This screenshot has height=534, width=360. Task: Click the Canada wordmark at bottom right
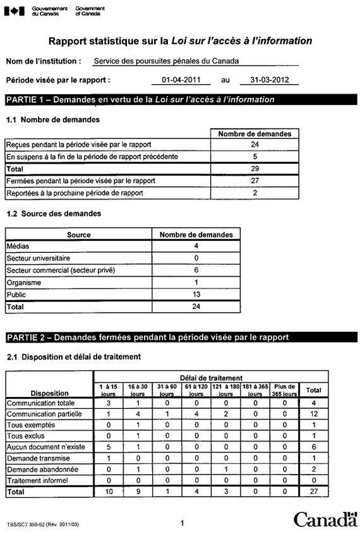pyautogui.click(x=325, y=519)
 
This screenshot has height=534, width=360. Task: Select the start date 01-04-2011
pyautogui.click(x=181, y=80)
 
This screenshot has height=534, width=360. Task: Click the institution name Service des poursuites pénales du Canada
pyautogui.click(x=166, y=62)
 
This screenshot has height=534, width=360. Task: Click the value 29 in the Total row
pyautogui.click(x=255, y=169)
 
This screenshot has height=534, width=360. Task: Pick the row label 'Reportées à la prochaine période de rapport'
pyautogui.click(x=75, y=193)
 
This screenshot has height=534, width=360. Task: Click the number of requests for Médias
pyautogui.click(x=196, y=246)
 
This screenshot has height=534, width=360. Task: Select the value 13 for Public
pyautogui.click(x=196, y=294)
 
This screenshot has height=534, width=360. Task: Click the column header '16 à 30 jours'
pyautogui.click(x=137, y=389)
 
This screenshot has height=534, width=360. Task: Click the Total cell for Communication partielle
pyautogui.click(x=313, y=414)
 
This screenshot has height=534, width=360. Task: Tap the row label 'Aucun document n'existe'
pyautogui.click(x=42, y=447)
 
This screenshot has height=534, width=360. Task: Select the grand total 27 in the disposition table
pyautogui.click(x=313, y=491)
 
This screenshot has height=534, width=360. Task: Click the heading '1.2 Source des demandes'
pyautogui.click(x=54, y=214)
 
